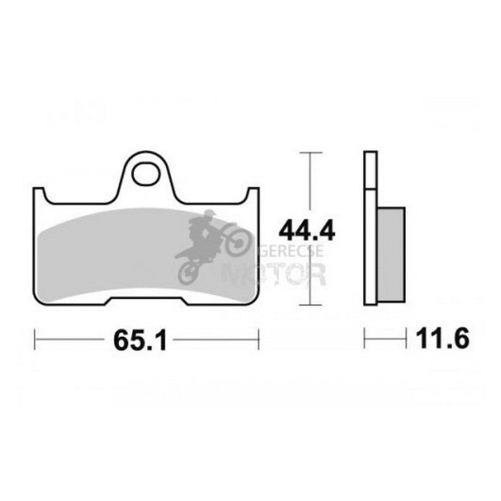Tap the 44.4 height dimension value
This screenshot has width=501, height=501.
pos(297,230)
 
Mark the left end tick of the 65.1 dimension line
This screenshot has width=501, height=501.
pos(34,339)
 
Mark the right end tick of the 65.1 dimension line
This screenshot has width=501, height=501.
pos(258,339)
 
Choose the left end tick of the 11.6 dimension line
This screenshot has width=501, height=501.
pos(365,339)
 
